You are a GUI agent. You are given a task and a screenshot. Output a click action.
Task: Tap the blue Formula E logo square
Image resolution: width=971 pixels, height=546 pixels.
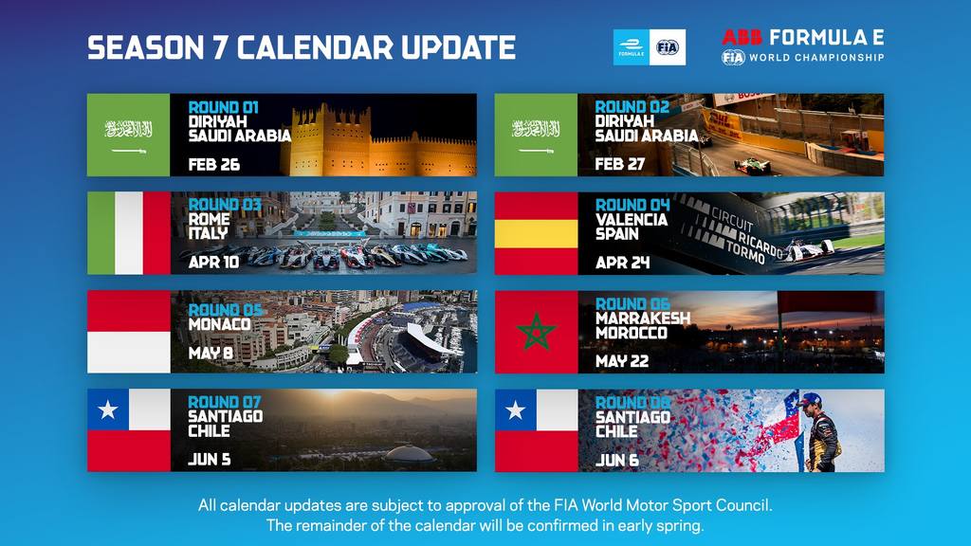(631, 47)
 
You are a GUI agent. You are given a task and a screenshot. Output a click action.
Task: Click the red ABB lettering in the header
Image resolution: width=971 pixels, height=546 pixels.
(742, 37)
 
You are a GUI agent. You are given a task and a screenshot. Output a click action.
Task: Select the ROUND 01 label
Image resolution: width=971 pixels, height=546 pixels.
(223, 107)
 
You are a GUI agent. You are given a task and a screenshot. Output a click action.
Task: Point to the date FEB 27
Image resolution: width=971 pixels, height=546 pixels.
(620, 164)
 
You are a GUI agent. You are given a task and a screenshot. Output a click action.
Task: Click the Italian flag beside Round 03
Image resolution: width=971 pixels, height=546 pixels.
(129, 233)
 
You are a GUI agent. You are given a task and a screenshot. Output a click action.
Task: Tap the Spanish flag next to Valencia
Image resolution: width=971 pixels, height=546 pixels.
(537, 233)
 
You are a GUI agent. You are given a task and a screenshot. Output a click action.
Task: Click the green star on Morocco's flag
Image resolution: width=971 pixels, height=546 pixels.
(537, 332)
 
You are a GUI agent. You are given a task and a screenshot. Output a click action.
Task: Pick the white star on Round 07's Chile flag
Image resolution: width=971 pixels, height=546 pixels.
(108, 409)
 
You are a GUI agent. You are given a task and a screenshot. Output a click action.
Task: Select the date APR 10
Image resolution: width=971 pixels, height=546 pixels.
(213, 263)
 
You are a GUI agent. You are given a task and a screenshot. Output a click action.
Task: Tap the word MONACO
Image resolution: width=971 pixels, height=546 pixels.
(220, 324)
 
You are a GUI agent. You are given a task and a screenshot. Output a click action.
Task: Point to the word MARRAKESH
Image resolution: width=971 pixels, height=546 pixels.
(643, 318)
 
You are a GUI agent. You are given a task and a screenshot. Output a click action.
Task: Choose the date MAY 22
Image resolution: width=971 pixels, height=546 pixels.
(622, 361)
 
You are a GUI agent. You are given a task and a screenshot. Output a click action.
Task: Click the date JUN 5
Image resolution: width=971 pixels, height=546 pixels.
(210, 460)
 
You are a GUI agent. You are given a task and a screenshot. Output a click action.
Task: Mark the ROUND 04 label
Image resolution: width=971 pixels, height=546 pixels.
(632, 205)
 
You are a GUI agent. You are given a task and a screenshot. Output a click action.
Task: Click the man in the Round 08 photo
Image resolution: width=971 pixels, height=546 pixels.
(821, 432)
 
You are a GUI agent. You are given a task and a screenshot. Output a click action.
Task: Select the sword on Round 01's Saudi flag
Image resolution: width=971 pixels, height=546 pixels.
(129, 151)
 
